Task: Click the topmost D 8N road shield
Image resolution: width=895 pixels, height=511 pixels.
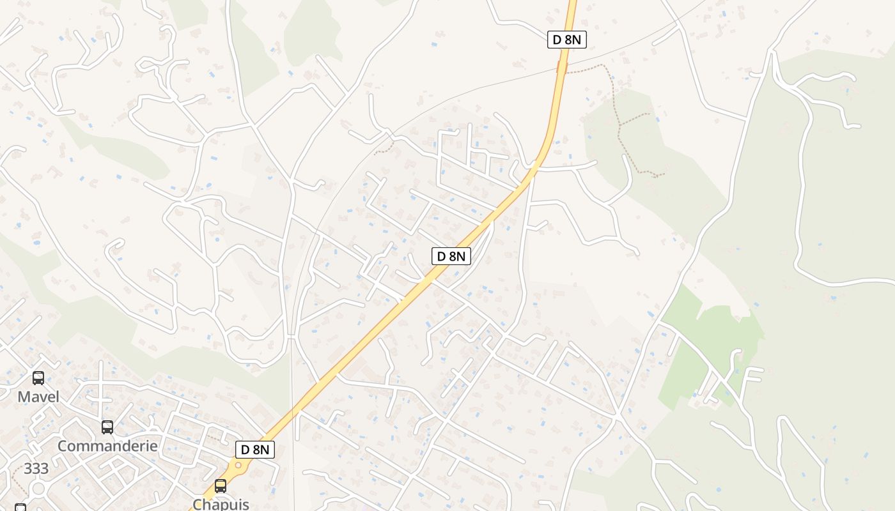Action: click(x=567, y=40)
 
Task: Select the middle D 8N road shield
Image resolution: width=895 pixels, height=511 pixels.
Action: click(x=451, y=256)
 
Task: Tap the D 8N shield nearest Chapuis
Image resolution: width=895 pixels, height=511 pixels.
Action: click(x=256, y=450)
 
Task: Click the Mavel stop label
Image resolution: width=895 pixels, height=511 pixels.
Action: click(x=38, y=397)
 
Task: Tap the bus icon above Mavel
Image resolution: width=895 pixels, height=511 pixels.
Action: click(x=38, y=378)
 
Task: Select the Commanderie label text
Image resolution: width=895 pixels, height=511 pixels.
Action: click(x=107, y=446)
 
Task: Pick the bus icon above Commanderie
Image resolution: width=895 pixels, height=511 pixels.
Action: click(x=107, y=427)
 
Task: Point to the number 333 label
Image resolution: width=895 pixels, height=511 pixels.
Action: click(x=36, y=469)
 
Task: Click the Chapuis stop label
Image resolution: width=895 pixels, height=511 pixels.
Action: click(x=221, y=504)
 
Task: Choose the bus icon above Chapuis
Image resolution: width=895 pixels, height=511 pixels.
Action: click(x=221, y=486)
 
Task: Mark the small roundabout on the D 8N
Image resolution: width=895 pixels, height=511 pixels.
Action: click(x=238, y=466)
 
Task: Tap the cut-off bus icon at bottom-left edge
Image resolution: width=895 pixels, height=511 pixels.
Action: click(x=20, y=508)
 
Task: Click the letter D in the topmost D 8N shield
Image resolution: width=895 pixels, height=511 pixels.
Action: click(x=557, y=40)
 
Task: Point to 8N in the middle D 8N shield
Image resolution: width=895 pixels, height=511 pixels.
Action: click(x=456, y=256)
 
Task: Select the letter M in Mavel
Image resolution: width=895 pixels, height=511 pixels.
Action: click(x=23, y=397)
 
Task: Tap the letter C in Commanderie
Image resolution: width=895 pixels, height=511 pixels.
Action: click(x=63, y=446)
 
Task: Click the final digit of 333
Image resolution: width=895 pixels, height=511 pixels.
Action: click(x=44, y=469)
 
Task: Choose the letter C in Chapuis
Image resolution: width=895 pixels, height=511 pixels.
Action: click(x=198, y=504)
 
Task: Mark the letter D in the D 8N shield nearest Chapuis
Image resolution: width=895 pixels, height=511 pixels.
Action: click(x=245, y=450)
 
